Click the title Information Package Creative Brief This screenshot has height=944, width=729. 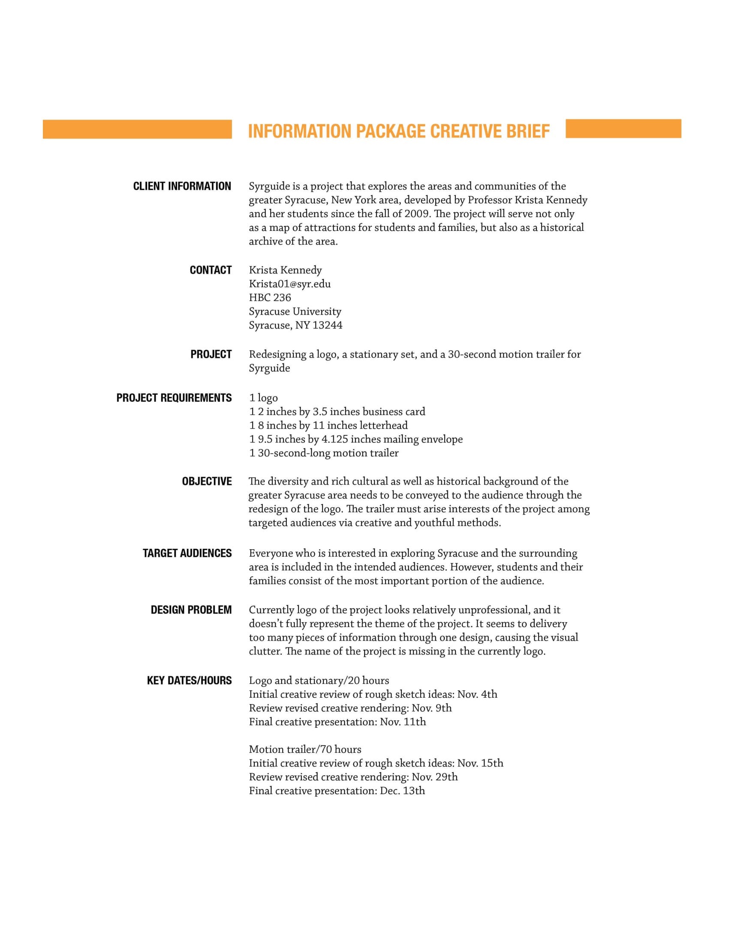[399, 131]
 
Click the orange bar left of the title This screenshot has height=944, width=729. [137, 129]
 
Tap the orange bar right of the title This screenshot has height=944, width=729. [623, 128]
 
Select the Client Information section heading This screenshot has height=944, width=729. [182, 186]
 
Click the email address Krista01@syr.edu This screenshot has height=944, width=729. [289, 284]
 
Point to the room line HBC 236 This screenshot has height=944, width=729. [270, 297]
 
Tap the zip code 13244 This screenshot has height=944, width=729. [327, 325]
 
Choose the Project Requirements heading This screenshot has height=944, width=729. [174, 398]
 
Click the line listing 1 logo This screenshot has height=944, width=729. [263, 398]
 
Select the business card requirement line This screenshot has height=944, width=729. [337, 411]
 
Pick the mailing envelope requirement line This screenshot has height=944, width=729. [355, 439]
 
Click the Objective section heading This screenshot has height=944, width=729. [206, 481]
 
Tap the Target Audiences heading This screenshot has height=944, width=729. [187, 553]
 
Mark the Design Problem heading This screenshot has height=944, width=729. [191, 610]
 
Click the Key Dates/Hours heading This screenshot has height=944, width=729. [189, 681]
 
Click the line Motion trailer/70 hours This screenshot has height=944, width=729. [305, 749]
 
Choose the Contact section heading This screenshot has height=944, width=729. [210, 270]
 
